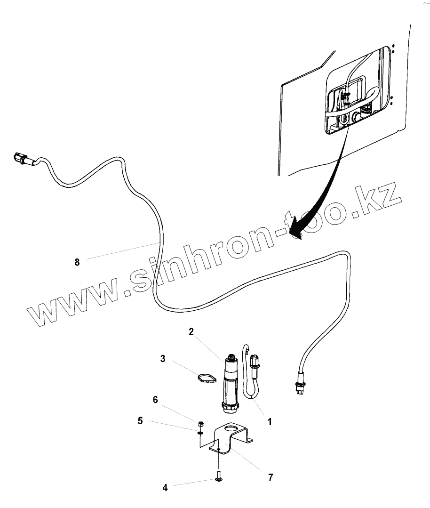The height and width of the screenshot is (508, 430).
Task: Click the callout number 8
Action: tap(77, 262)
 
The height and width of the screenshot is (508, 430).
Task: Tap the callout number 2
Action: tap(191, 332)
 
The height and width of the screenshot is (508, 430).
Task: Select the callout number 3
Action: tap(163, 359)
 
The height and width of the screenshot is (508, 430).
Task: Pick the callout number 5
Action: tap(140, 421)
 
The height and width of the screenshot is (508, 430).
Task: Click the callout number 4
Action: tap(165, 488)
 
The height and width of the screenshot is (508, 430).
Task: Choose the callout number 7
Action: tap(271, 477)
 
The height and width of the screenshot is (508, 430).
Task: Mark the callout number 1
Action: tap(270, 422)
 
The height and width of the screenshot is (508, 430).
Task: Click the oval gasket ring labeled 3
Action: tap(205, 378)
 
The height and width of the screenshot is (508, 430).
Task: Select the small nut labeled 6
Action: tap(201, 422)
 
